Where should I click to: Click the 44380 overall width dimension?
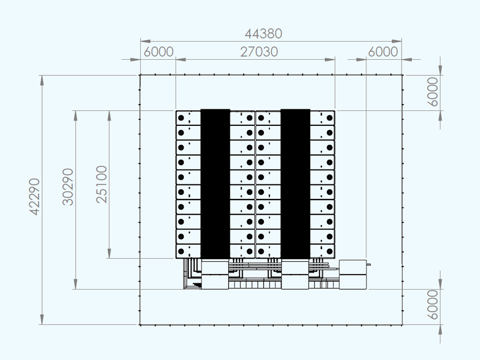(x=263, y=34)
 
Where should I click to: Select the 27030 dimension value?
(x=259, y=52)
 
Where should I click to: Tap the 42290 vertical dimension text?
(x=34, y=197)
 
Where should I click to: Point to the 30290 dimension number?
(x=68, y=187)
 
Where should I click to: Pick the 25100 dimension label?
(x=102, y=185)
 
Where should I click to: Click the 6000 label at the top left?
(x=158, y=52)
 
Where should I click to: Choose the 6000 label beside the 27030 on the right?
(x=383, y=52)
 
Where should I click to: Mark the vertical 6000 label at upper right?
(x=433, y=92)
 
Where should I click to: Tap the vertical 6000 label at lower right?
(x=433, y=305)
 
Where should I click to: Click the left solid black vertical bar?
(x=215, y=183)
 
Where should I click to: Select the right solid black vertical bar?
(x=295, y=183)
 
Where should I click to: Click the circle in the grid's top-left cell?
(x=181, y=118)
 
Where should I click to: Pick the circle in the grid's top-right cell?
(x=330, y=118)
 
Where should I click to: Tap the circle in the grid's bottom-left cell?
(x=181, y=251)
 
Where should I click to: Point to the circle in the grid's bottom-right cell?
(x=330, y=251)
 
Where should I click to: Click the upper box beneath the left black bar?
(x=215, y=267)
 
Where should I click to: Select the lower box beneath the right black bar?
(x=295, y=282)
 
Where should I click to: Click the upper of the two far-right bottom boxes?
(x=353, y=267)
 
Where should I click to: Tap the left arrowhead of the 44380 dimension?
(x=146, y=41)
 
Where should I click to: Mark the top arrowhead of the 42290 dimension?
(x=42, y=80)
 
